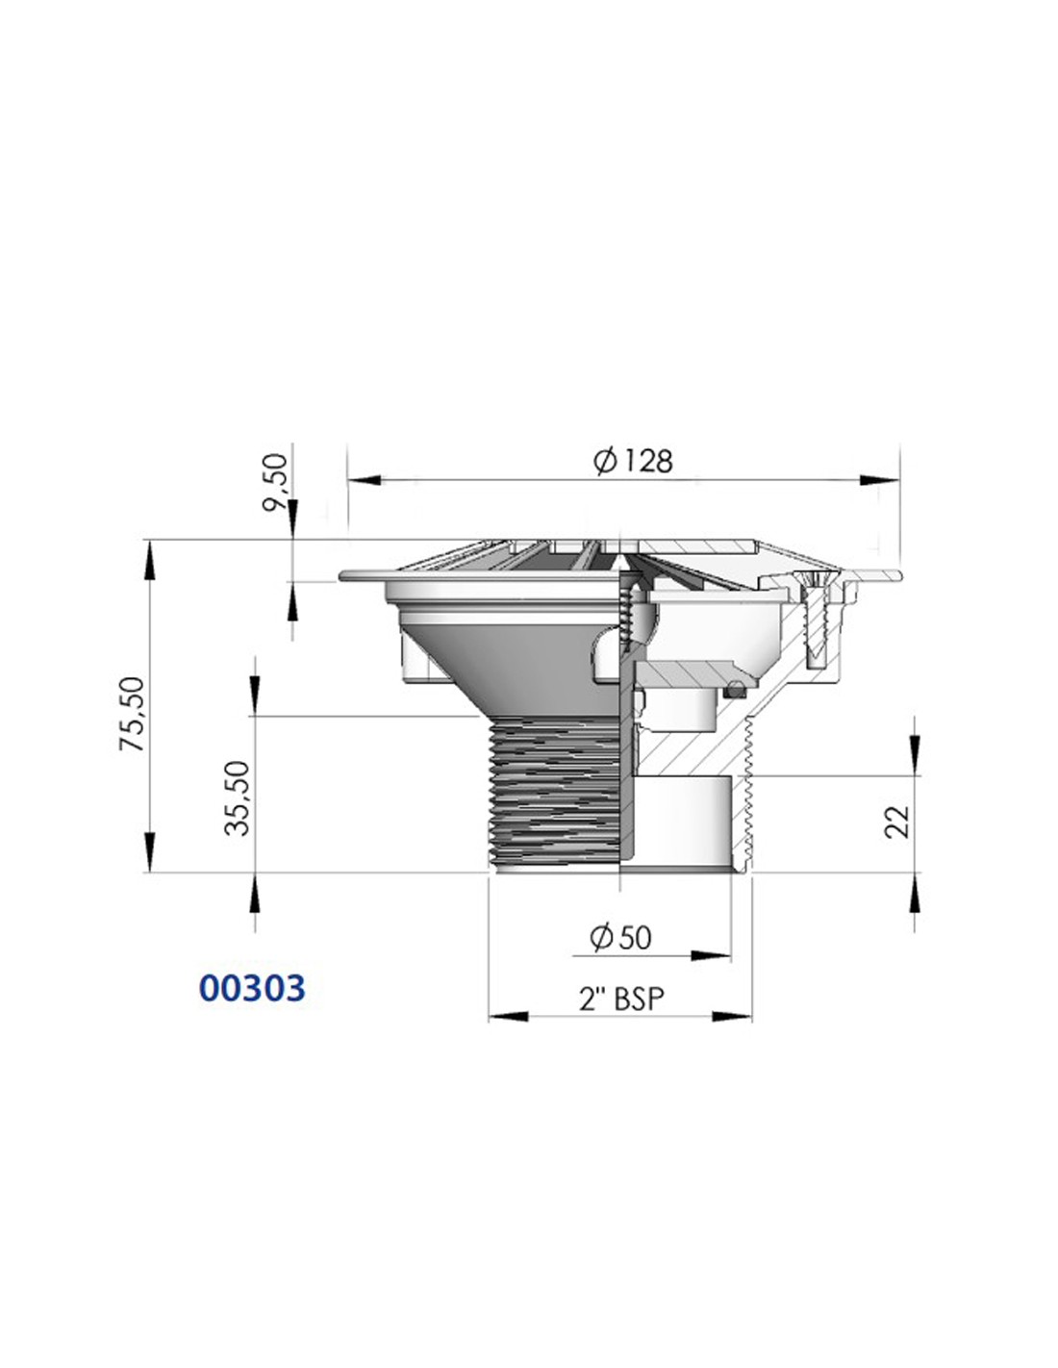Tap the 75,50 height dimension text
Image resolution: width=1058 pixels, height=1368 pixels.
point(133,713)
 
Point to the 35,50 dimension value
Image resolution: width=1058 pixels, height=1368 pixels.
point(238,798)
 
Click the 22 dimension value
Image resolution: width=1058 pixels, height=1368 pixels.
point(897,821)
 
